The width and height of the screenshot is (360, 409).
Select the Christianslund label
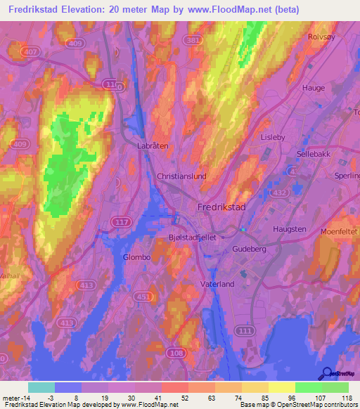181,176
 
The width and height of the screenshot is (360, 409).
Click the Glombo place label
137,257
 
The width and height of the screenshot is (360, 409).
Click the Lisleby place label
273,138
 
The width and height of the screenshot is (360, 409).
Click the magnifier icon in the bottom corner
326,373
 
